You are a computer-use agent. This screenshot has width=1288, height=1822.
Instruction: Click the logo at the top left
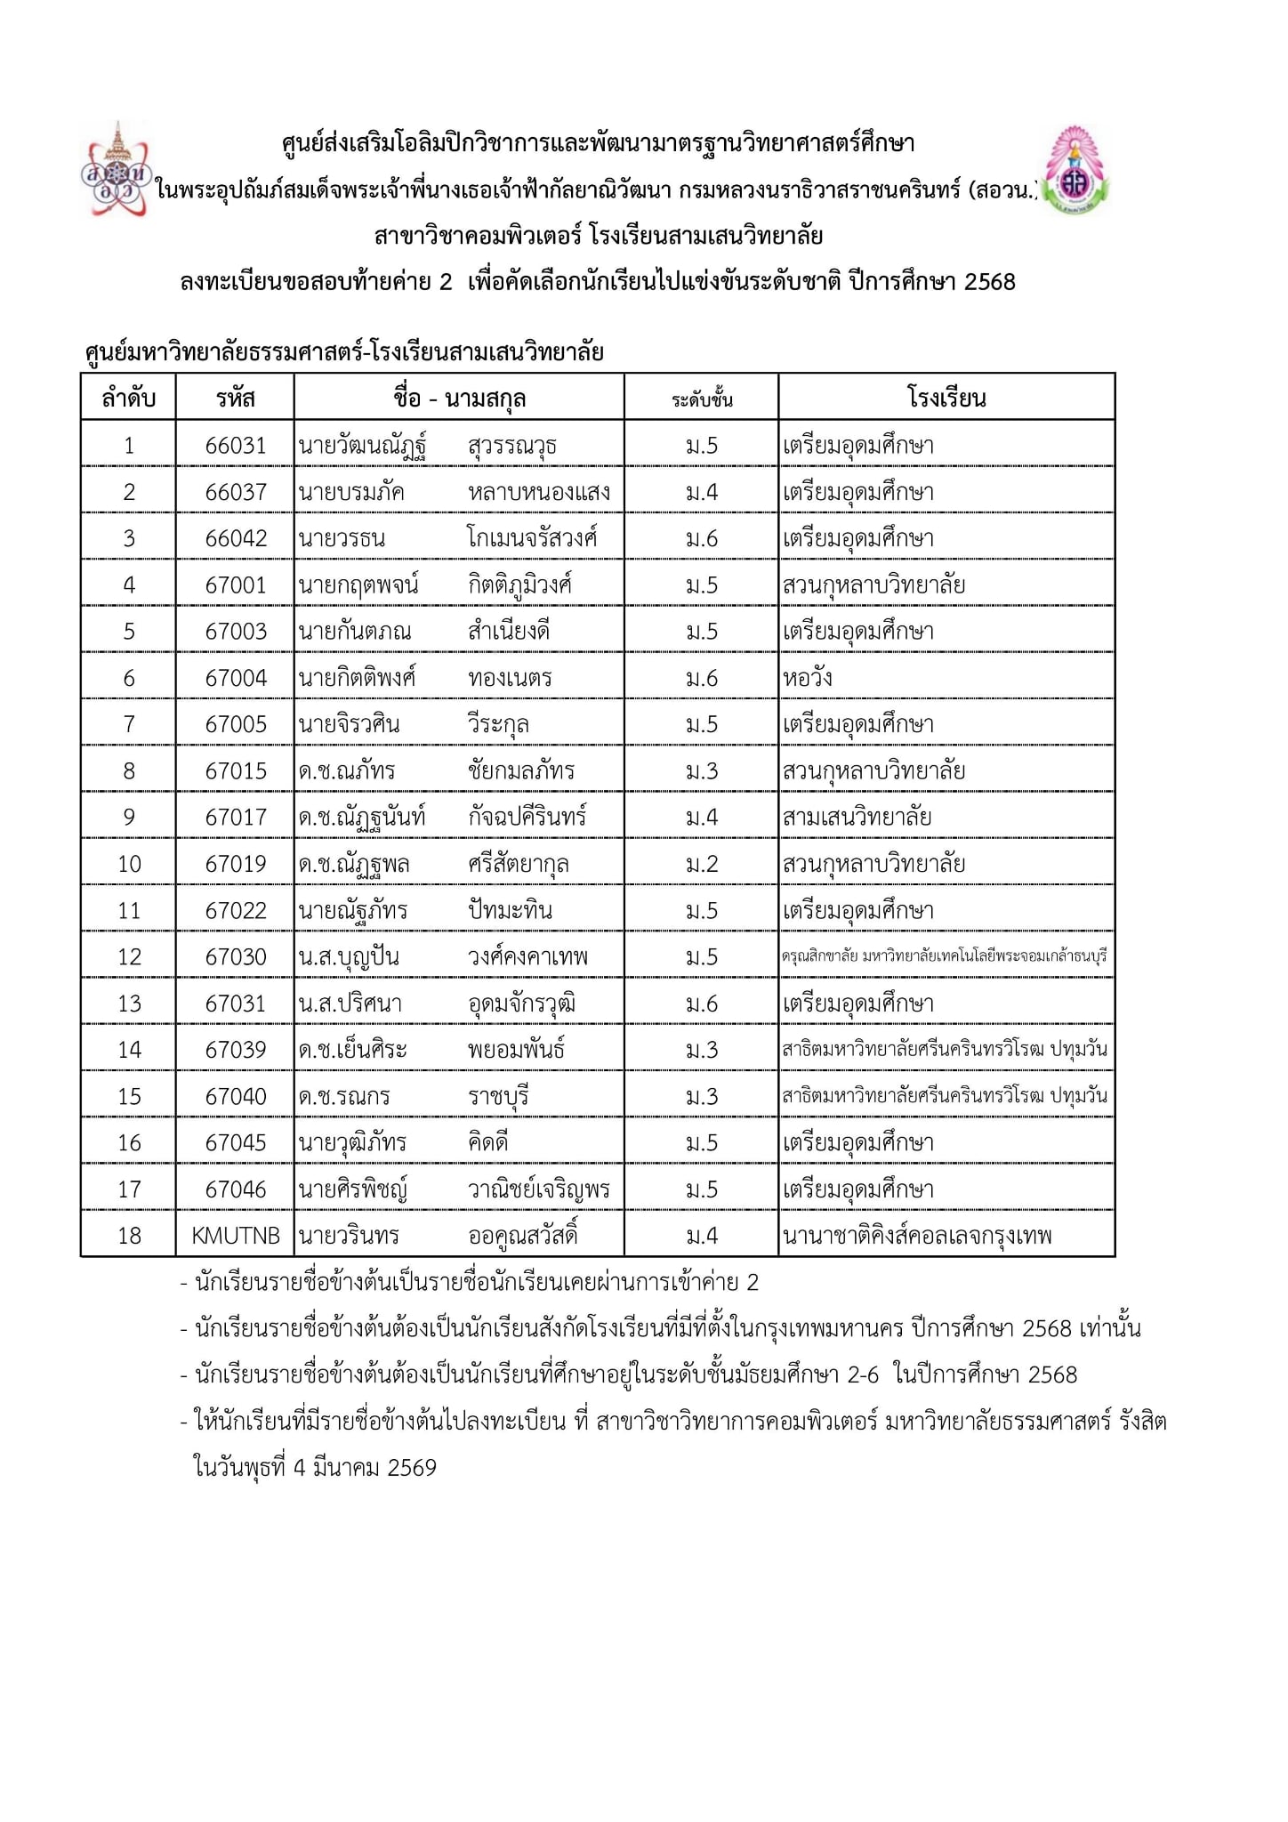coord(117,170)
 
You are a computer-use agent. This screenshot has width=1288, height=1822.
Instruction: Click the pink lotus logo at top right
coord(1076,172)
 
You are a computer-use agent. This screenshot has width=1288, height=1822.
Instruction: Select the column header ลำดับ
coord(129,398)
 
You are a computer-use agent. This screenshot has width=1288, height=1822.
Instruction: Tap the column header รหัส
coord(235,398)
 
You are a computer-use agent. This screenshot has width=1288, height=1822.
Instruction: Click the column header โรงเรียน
coord(946,398)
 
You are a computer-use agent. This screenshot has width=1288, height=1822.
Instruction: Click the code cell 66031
coord(236,446)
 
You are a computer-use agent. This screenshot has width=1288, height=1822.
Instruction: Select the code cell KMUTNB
coord(236,1236)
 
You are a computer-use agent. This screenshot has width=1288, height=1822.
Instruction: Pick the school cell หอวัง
coord(808,678)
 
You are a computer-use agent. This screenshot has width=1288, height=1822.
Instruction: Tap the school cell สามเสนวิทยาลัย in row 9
coord(857,817)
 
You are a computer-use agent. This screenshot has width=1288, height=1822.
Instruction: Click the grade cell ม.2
coord(702,864)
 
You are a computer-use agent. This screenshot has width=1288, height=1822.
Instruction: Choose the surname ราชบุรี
coord(498,1096)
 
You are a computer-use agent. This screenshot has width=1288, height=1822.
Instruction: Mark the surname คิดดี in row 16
coord(488,1142)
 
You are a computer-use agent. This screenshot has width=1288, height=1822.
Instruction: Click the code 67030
coord(236,957)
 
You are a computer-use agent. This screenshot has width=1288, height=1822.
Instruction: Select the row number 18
coord(129,1236)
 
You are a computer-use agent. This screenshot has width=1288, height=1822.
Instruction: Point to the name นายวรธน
coord(342,538)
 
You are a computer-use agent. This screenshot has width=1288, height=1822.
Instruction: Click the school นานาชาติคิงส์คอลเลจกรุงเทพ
coord(917,1236)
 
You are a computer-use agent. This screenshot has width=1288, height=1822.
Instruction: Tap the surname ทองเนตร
coord(510,678)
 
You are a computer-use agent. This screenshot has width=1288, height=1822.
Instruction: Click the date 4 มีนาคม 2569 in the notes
coord(365,1467)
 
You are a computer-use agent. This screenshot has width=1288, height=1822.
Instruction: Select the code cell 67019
coord(236,864)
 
